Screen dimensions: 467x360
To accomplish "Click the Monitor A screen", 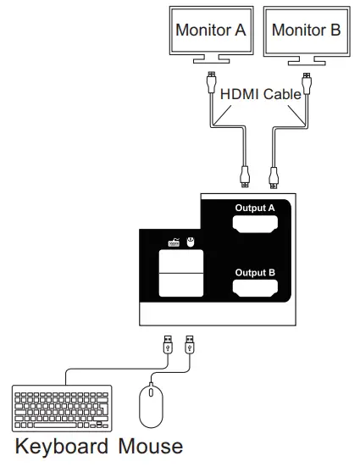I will coord(210,31).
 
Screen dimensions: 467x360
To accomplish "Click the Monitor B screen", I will coord(306,31).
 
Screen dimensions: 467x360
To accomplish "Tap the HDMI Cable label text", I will coord(260,94).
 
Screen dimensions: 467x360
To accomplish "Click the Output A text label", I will coord(255,208).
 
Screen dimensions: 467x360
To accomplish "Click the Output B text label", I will coord(255,272).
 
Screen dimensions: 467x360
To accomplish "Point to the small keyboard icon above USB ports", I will coord(173,242).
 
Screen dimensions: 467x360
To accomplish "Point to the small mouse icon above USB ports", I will coord(191,242).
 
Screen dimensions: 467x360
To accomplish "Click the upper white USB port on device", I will coord(180,262).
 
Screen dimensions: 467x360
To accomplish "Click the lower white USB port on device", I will coord(180,286).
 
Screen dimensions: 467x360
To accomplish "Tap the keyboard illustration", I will coord(62,409).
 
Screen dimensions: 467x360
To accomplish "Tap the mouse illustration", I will coord(150,405).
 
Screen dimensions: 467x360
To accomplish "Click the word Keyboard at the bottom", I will coord(62,446).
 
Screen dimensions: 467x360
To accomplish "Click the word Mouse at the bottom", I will coord(150,446).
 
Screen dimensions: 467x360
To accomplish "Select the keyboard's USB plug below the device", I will coord(168,346).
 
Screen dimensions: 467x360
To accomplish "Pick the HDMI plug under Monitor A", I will coord(210,83).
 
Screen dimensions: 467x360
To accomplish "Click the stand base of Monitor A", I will coord(210,60).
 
